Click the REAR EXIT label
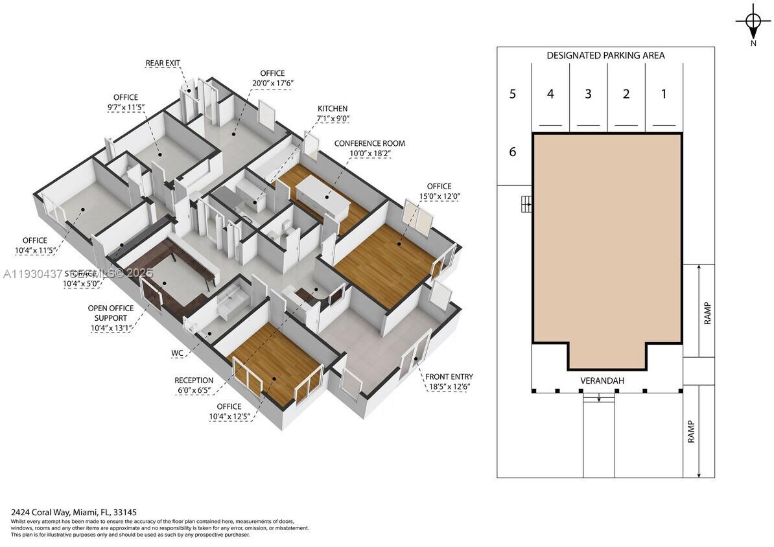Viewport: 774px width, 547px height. point(163,63)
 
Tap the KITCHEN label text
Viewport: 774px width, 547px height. point(332,108)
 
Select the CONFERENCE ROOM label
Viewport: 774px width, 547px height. point(369,143)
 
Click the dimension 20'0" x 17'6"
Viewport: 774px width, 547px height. point(272,83)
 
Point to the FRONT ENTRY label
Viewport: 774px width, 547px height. point(449,377)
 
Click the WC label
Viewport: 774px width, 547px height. point(177,354)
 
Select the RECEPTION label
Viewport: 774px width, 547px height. point(193,380)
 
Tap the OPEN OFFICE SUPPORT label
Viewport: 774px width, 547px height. point(111,313)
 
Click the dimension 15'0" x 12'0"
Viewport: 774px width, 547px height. point(439,196)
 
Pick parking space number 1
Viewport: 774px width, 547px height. point(663,94)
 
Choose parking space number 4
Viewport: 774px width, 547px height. point(550,94)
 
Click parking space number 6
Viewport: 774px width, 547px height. point(512,152)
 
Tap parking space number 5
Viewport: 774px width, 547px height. point(512,94)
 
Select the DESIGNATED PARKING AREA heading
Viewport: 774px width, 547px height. point(605,56)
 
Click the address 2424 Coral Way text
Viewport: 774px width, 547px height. point(73,512)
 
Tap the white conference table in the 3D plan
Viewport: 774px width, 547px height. point(323,196)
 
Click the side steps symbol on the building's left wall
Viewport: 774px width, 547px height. point(526,205)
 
